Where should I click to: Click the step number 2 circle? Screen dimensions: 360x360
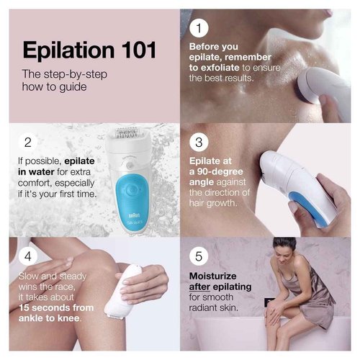pos(27,143)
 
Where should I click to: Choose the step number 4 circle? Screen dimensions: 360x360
pos(27,256)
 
